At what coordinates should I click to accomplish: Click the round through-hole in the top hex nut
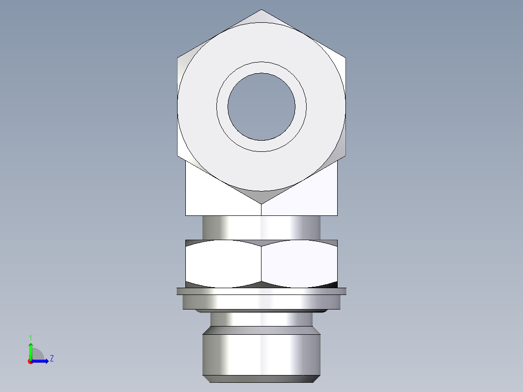[x=261, y=107]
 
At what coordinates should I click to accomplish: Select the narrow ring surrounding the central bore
[x=261, y=67]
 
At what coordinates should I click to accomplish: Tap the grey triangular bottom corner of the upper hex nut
[x=261, y=196]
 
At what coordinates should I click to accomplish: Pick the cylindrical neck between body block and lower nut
[x=261, y=227]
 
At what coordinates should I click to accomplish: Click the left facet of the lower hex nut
[x=223, y=262]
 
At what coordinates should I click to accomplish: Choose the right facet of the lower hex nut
[x=299, y=262]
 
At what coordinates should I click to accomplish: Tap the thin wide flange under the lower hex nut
[x=261, y=291]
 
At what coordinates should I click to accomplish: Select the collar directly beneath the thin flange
[x=261, y=302]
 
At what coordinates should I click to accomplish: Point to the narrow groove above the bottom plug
[x=261, y=319]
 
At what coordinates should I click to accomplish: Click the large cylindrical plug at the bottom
[x=261, y=354]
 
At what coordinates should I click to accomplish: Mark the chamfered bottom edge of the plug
[x=261, y=378]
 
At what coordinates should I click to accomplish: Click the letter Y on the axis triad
[x=30, y=336]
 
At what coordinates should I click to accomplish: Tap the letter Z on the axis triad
[x=51, y=359]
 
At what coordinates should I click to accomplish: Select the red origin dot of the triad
[x=30, y=361]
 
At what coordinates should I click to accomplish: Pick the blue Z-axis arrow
[x=42, y=360]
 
